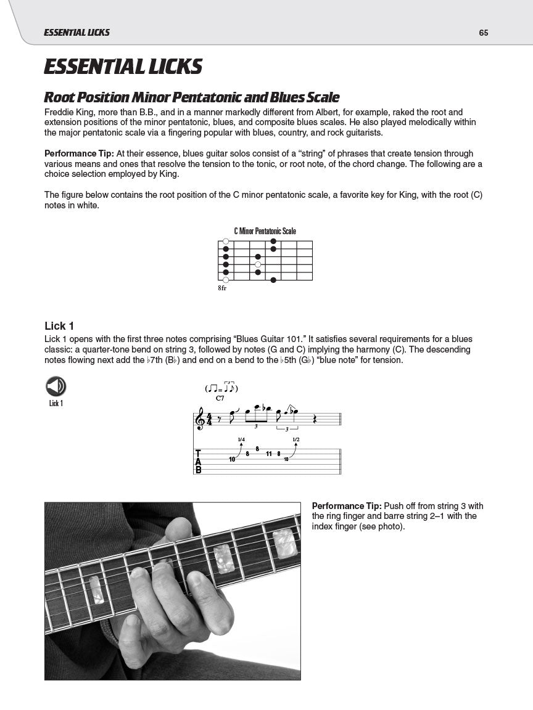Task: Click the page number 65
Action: click(x=483, y=33)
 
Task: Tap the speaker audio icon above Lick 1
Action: click(x=56, y=386)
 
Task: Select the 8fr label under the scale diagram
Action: click(x=222, y=288)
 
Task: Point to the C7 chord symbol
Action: click(x=220, y=399)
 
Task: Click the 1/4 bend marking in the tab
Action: click(x=241, y=439)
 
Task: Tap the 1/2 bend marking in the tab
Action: click(x=296, y=439)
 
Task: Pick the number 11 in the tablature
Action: click(x=269, y=454)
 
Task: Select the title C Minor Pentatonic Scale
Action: click(x=265, y=231)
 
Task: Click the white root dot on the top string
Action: click(x=226, y=241)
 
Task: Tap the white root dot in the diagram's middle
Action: click(x=258, y=264)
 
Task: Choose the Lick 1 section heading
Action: click(x=59, y=326)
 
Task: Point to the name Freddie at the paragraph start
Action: click(x=60, y=112)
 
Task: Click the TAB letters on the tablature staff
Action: click(x=198, y=461)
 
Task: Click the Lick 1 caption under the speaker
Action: click(x=56, y=403)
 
